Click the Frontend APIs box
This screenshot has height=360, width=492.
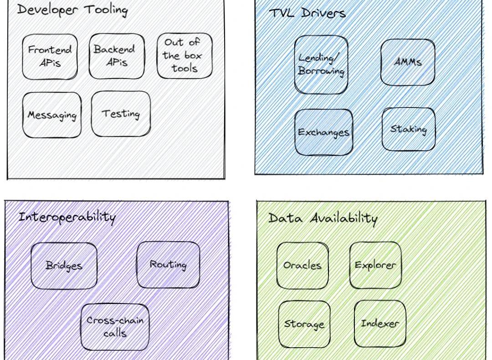[50, 57]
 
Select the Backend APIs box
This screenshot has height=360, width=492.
[116, 56]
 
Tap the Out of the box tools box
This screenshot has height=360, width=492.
[184, 56]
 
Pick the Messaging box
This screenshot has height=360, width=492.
[51, 115]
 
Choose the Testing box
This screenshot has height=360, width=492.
[120, 114]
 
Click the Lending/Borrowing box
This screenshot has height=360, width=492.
[321, 65]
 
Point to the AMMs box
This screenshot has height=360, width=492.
[407, 62]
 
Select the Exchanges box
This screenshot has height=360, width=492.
[323, 132]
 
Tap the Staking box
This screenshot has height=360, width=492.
[408, 129]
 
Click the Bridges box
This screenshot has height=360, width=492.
[64, 266]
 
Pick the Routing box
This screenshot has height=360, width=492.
[168, 265]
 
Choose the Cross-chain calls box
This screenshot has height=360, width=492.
[115, 327]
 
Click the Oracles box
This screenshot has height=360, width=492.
[302, 265]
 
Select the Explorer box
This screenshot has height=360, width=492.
[375, 265]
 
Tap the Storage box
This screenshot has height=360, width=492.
[304, 324]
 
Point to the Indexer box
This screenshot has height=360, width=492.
[379, 324]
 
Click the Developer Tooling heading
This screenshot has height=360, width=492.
[72, 10]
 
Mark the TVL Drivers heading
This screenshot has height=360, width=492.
[307, 13]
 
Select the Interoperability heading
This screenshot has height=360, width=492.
[67, 216]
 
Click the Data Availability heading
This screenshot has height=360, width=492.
[323, 218]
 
